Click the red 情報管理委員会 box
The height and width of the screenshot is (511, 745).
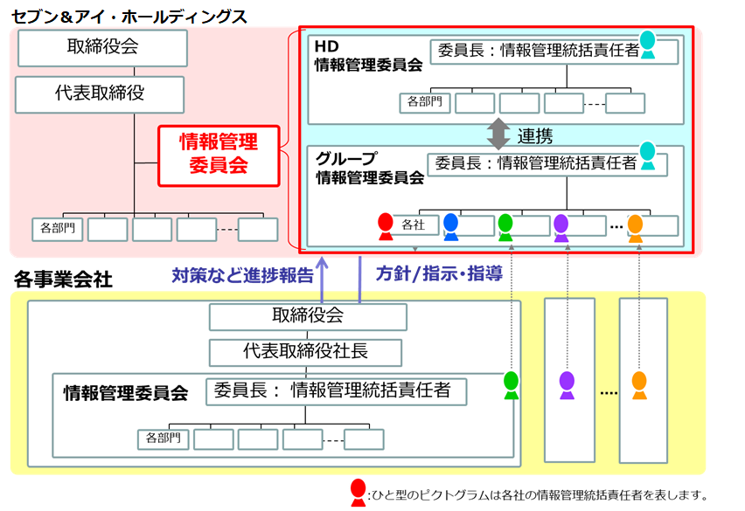pyautogui.click(x=219, y=155)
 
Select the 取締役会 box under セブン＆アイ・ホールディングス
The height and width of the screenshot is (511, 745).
pyautogui.click(x=101, y=47)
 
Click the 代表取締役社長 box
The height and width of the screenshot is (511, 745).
pyautogui.click(x=305, y=352)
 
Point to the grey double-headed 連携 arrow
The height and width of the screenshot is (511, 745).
pyautogui.click(x=498, y=133)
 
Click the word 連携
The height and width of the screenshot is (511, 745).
pyautogui.click(x=534, y=136)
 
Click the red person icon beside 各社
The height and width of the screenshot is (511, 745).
pyautogui.click(x=385, y=225)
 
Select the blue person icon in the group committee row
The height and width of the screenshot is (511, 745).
pyautogui.click(x=450, y=225)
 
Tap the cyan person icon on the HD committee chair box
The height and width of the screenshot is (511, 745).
pyautogui.click(x=647, y=44)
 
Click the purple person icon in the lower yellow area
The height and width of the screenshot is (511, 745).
pyautogui.click(x=567, y=385)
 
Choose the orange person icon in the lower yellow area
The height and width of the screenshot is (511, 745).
pyautogui.click(x=639, y=385)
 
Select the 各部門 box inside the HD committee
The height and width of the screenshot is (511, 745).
pyautogui.click(x=424, y=103)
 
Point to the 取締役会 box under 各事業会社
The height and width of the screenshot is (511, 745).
pyautogui.click(x=307, y=316)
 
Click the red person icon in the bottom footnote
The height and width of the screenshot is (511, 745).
pyautogui.click(x=358, y=493)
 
